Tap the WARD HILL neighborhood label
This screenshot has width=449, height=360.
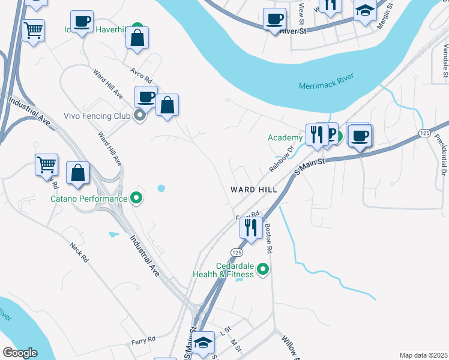pos(254,190)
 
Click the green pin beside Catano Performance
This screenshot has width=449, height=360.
pos(136,198)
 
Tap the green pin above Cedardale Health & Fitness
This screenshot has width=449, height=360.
pos(262,269)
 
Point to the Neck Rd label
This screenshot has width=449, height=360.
pos(79,252)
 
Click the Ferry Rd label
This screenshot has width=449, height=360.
pos(143,340)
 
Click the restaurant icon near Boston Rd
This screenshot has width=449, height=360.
pos(250,227)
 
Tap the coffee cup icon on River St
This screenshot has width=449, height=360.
pos(274,18)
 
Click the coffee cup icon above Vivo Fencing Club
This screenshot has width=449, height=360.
pos(145,96)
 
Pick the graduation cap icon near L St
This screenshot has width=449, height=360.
pos(203,341)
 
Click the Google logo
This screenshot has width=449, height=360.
pos(19,353)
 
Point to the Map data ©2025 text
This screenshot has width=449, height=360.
pos(423,355)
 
